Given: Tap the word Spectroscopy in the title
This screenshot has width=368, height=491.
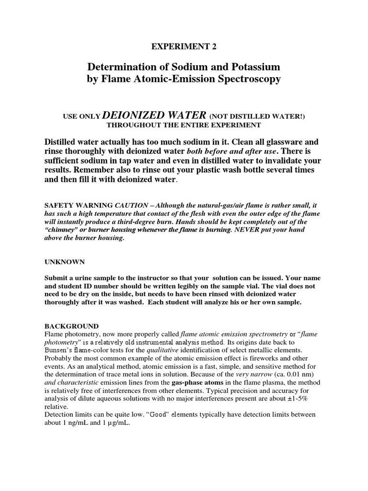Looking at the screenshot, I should (243, 79).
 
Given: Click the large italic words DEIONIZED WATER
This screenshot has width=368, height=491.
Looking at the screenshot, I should (154, 115).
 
